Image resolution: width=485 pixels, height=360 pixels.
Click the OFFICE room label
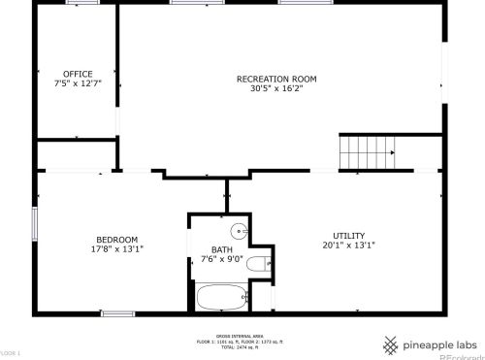[x=78, y=74]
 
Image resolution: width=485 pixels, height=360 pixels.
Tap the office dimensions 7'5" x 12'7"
[x=78, y=84]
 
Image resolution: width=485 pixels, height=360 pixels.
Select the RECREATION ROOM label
[x=276, y=79]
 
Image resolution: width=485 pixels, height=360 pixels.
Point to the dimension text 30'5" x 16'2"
[x=276, y=89]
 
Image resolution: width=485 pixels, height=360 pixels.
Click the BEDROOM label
[x=116, y=240]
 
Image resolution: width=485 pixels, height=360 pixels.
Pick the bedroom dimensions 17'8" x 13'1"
[x=116, y=249]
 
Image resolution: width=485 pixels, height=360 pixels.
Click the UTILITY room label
[x=348, y=236]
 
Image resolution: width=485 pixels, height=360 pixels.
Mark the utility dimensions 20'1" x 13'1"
[x=348, y=245]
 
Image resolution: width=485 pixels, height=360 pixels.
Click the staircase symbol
[x=368, y=151]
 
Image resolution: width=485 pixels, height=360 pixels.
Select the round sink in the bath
[x=237, y=231]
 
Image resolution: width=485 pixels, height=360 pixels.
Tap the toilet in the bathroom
[x=259, y=263]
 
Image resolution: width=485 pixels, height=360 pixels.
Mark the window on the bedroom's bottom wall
[x=116, y=312]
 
